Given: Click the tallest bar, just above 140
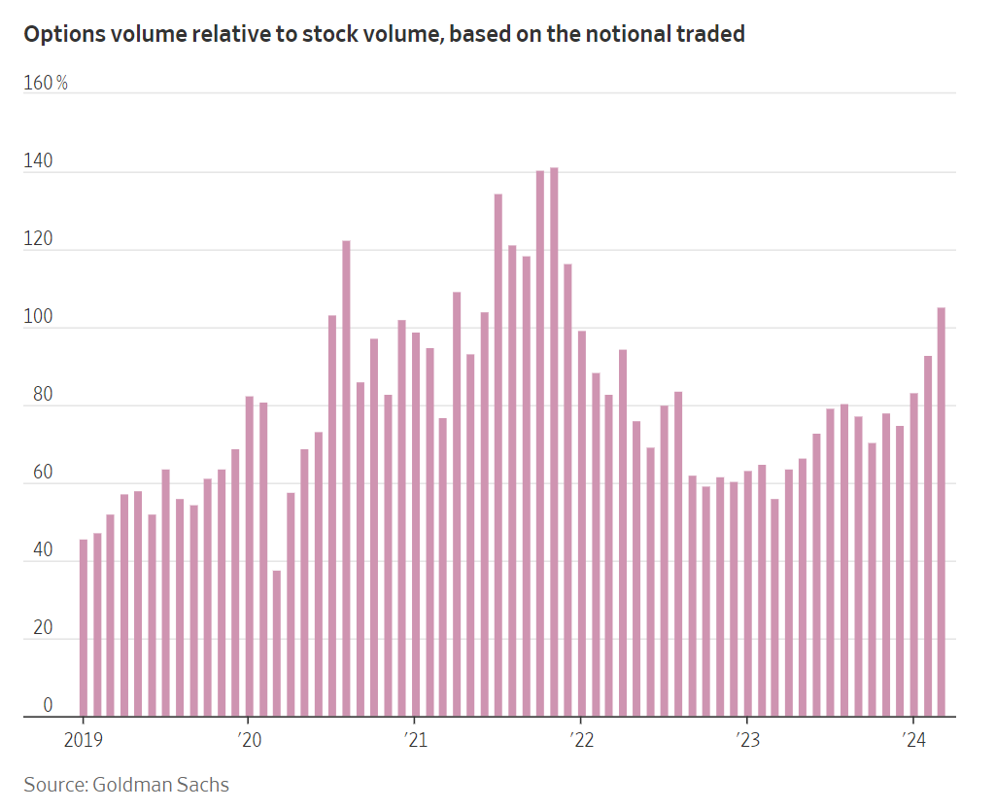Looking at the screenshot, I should click(x=554, y=442).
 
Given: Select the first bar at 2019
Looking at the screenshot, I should click(x=84, y=628).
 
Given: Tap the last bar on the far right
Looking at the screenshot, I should click(x=941, y=512).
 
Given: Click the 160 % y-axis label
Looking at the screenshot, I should click(x=46, y=84).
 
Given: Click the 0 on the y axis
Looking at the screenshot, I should click(x=48, y=706).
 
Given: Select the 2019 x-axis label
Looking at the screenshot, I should click(x=82, y=741).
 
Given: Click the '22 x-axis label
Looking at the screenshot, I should click(x=580, y=741).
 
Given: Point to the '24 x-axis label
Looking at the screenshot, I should click(x=912, y=741).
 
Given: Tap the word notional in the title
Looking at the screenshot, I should click(x=616, y=34).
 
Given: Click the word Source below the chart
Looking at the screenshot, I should click(x=54, y=784).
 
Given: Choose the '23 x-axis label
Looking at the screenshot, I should click(x=746, y=741).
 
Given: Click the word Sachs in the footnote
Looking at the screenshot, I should click(x=204, y=784).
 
